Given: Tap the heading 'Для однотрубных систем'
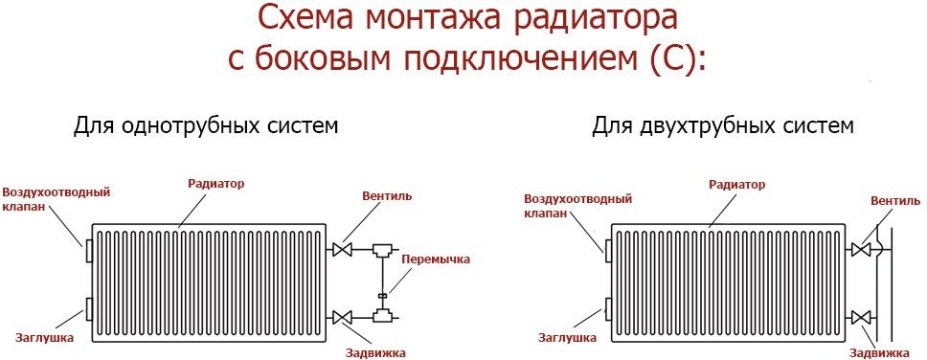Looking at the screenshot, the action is tap(206, 126).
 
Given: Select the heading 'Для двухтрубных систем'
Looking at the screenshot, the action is tap(723, 126).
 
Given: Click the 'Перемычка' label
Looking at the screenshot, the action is tap(436, 259).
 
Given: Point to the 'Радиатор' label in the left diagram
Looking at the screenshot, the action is tap(215, 183).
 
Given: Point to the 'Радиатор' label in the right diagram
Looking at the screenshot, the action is tap(736, 185).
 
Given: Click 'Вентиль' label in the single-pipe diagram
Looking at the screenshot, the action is tap(388, 195).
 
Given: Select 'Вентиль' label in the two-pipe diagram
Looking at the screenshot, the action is tap(895, 201).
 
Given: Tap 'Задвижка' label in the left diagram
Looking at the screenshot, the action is tap(376, 353).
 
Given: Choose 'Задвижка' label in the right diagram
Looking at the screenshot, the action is tap(881, 353).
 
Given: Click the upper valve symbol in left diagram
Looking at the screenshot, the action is tap(342, 250).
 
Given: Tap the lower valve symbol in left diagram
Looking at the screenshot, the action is tap(342, 318).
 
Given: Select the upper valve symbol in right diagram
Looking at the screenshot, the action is tap(860, 250).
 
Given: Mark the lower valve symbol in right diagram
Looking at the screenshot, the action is tap(860, 318).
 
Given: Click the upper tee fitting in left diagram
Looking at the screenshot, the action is tap(381, 251).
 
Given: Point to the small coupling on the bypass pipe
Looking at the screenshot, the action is tap(381, 294).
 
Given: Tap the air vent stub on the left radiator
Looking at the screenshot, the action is tap(89, 251).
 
